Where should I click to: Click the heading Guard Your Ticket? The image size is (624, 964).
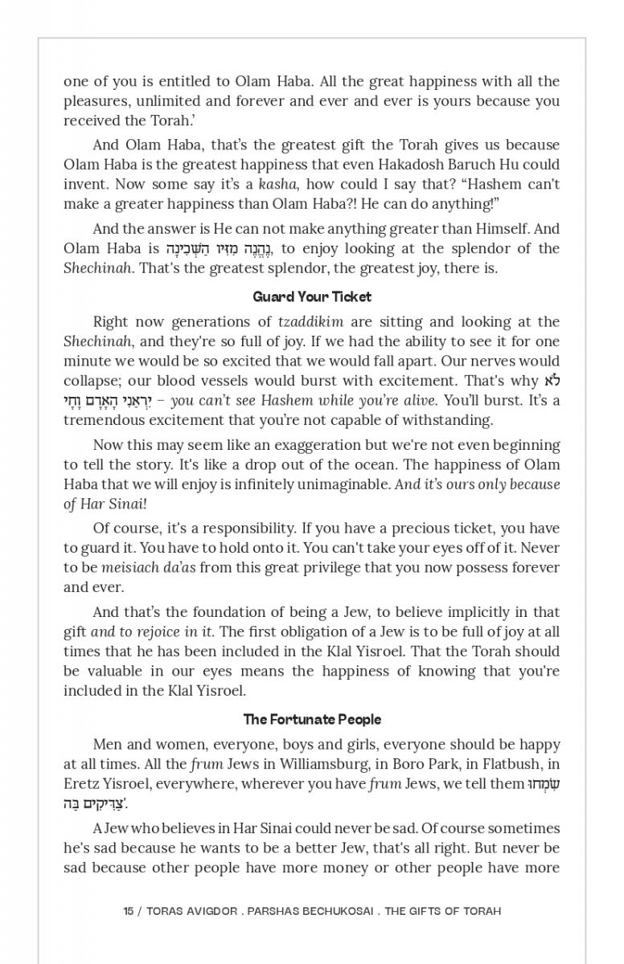pyautogui.click(x=312, y=297)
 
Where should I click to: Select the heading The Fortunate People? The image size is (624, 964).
pyautogui.click(x=312, y=720)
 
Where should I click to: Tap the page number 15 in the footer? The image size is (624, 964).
pyautogui.click(x=129, y=911)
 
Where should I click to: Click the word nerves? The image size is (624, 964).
pyautogui.click(x=470, y=361)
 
